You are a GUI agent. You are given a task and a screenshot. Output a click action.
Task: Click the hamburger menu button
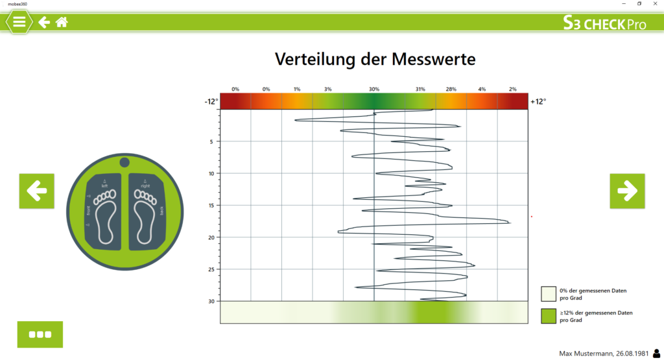pos(19,21)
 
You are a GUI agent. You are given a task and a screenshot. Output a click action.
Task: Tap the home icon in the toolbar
pos(62,22)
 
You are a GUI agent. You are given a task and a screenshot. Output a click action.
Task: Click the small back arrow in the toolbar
pos(44,22)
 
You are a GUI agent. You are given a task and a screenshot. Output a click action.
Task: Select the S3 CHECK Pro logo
pos(604,23)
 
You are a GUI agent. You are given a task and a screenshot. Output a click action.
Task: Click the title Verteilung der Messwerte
pos(375,59)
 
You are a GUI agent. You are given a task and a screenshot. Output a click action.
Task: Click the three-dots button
pos(40,334)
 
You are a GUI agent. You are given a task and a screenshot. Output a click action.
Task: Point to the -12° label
pos(211,102)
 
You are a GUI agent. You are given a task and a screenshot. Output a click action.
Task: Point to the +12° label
pos(538,102)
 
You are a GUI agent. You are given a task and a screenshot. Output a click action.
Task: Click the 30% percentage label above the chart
pos(374,89)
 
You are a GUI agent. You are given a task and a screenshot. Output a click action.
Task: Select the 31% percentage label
pos(420,89)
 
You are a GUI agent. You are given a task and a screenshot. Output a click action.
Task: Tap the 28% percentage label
pos(451,89)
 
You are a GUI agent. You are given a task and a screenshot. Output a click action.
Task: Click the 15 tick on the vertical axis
pos(211,205)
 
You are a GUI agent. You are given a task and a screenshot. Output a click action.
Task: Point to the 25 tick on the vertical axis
pos(211,269)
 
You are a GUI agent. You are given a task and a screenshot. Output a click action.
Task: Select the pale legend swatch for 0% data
pos(549,294)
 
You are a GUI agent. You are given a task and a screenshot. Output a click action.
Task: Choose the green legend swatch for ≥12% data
pos(549,316)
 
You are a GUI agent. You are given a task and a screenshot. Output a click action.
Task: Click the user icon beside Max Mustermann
pos(656,353)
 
